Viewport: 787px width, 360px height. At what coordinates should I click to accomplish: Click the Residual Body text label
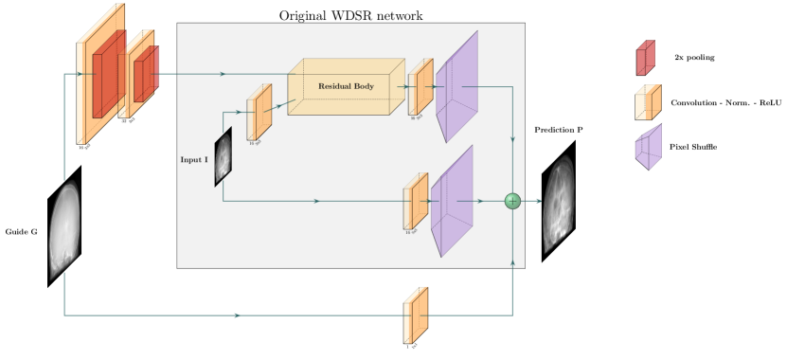(x=346, y=86)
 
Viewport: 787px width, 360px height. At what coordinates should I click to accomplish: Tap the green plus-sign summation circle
(x=512, y=201)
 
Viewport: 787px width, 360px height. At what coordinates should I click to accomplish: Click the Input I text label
(x=194, y=160)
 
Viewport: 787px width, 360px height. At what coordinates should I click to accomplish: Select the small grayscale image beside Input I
(x=223, y=156)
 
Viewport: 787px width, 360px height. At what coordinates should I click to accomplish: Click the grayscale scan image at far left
(x=64, y=230)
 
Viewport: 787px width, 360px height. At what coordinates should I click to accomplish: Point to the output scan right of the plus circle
(x=559, y=204)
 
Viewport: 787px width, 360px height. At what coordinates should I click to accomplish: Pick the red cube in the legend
(x=645, y=58)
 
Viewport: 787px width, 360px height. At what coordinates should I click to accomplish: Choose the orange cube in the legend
(x=648, y=102)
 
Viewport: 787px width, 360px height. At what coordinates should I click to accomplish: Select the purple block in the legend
(x=648, y=147)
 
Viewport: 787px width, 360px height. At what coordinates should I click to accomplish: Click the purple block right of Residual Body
(x=456, y=86)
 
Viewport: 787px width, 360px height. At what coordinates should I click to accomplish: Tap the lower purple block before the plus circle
(x=452, y=202)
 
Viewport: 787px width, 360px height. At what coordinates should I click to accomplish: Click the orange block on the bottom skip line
(x=416, y=315)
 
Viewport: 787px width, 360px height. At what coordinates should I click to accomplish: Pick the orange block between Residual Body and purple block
(x=420, y=87)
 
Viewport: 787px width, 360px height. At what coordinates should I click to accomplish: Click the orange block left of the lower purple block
(x=415, y=202)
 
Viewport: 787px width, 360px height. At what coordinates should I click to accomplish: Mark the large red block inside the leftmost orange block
(x=108, y=74)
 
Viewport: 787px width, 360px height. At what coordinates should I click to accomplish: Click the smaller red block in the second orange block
(x=145, y=74)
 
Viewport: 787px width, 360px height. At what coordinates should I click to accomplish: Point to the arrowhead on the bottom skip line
(x=237, y=315)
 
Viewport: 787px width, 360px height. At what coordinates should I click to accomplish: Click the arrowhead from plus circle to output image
(x=538, y=201)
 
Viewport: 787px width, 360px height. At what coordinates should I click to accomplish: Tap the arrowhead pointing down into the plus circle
(x=512, y=140)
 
